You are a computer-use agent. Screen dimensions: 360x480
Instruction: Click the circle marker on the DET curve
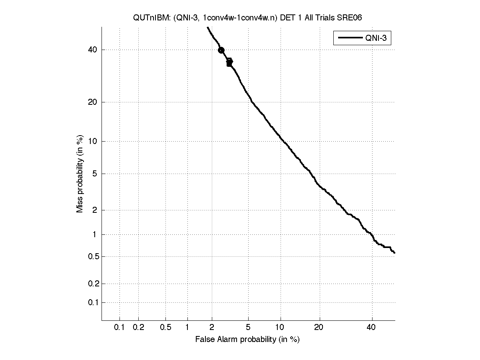point(221,50)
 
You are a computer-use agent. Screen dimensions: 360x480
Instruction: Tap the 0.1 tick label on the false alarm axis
point(120,328)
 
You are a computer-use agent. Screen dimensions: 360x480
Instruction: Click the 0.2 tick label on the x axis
point(138,328)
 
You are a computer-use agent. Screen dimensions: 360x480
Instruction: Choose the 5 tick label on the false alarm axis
point(248,328)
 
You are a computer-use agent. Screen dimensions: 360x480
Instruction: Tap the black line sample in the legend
point(349,38)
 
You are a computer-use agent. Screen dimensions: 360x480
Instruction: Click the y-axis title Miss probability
point(80,174)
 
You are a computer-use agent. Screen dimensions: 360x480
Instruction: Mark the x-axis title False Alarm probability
point(247,340)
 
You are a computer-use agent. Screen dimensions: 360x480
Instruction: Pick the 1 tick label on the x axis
point(187,328)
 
